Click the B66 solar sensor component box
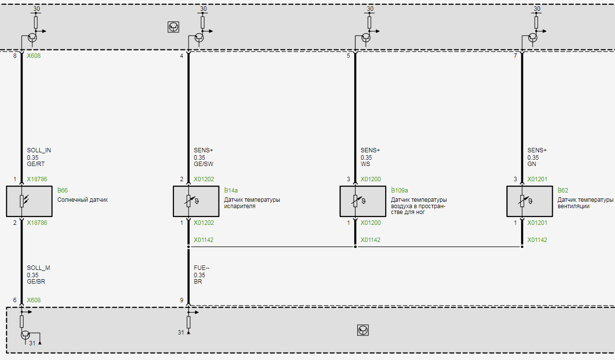[29, 201]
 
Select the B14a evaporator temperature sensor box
[196, 201]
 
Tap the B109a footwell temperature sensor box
[363, 201]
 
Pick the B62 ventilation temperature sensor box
[530, 201]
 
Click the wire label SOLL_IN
[39, 150]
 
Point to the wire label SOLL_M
[38, 268]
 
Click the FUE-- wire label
[201, 268]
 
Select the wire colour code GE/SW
[203, 164]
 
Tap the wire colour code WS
[366, 164]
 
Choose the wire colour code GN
[532, 164]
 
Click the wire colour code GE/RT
[36, 164]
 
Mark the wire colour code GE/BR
[36, 282]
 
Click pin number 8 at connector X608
[15, 56]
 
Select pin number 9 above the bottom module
[182, 300]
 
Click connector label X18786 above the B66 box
[37, 179]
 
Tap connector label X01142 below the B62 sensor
[537, 240]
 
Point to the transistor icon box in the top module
[173, 27]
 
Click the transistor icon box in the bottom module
[363, 331]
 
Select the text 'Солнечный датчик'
[82, 200]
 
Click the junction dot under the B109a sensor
[355, 247]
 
